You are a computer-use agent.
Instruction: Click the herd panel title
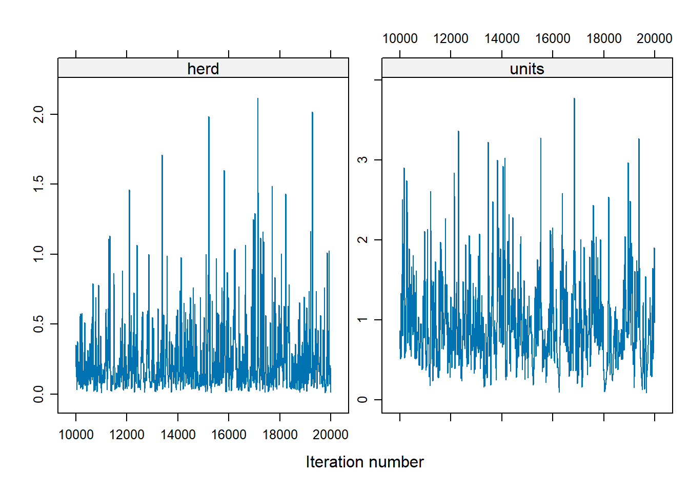point(203,69)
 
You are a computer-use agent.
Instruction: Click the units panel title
point(526,69)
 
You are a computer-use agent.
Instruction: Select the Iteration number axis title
point(364,462)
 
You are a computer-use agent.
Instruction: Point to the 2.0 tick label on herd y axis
point(38,114)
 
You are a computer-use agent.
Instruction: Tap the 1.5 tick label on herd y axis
point(38,184)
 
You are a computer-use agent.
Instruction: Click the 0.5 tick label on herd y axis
point(38,324)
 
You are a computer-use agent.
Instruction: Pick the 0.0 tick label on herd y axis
point(38,394)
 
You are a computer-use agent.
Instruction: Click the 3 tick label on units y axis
point(362,160)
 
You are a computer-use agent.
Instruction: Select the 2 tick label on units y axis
point(362,240)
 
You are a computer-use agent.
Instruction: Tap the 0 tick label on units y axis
point(362,400)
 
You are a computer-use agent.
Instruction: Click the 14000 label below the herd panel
point(177,435)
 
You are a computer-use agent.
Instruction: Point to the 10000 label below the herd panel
point(76,435)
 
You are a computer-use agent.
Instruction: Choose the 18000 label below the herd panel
point(279,435)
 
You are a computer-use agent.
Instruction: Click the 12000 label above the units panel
point(451,39)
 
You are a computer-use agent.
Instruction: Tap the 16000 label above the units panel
point(553,39)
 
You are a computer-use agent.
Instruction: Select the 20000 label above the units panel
point(654,39)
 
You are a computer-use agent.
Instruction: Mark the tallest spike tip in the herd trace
point(257,99)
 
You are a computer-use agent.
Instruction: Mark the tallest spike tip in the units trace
point(574,99)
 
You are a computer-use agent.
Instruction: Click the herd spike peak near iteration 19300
point(312,113)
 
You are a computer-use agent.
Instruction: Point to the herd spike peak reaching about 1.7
point(162,155)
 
